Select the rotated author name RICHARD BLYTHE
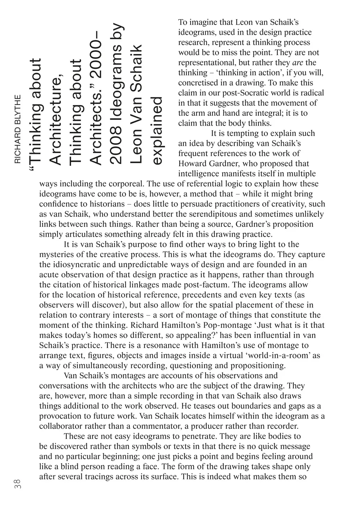point(18,129)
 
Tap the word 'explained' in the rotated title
point(157,131)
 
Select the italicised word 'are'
point(298,63)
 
